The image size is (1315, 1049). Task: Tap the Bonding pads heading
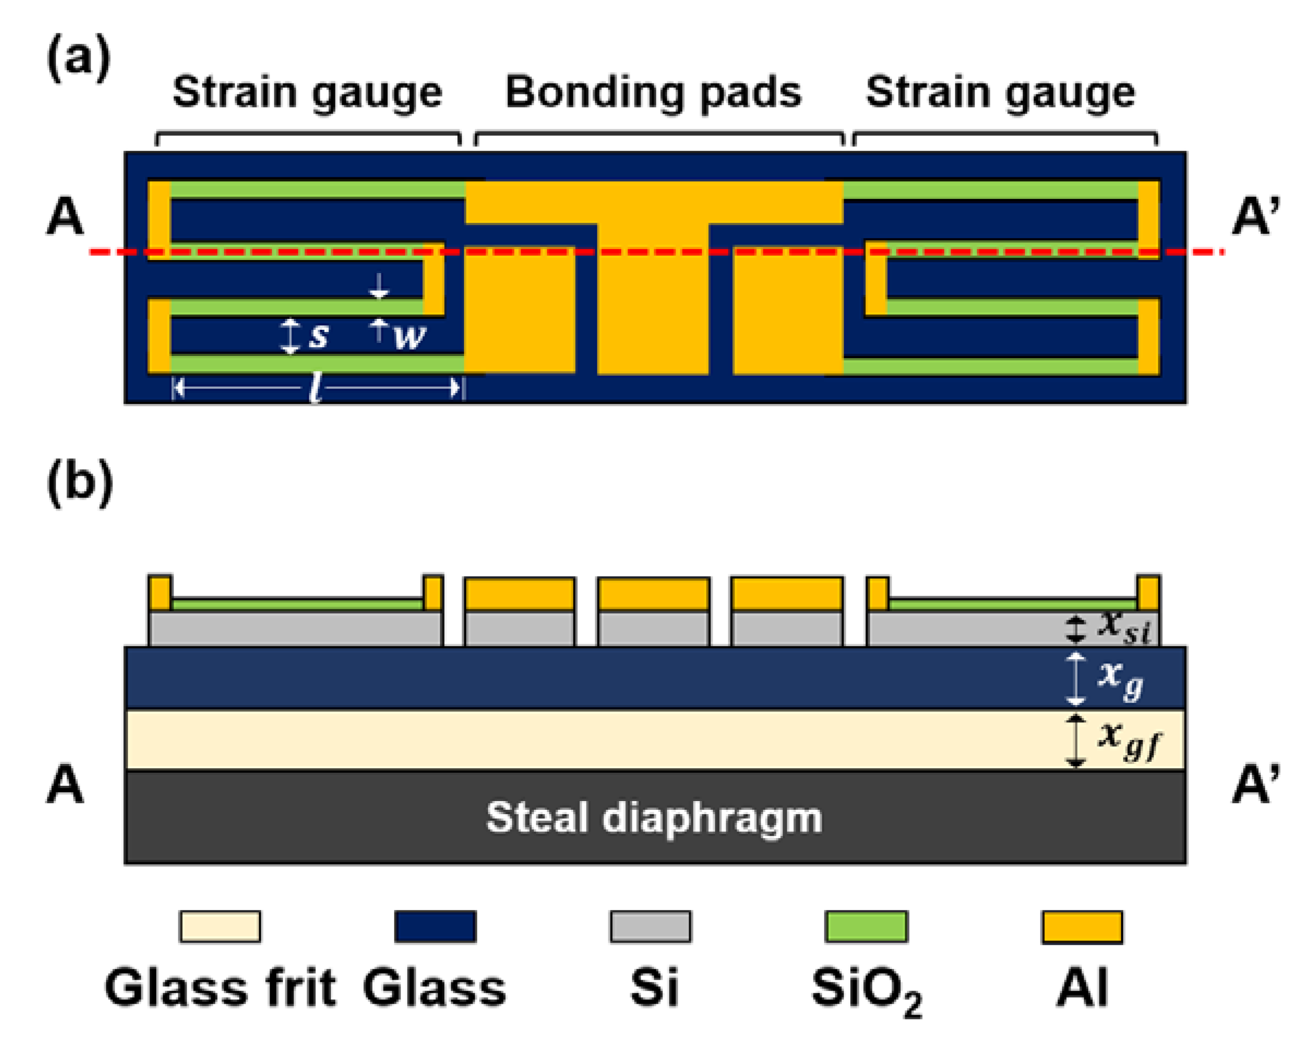(x=653, y=93)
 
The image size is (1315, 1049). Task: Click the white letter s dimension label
(x=318, y=335)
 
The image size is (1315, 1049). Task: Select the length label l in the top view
(x=315, y=387)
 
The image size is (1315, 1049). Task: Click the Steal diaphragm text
(x=654, y=817)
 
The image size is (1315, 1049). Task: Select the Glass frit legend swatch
(x=220, y=927)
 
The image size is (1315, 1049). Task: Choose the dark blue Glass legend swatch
(x=435, y=927)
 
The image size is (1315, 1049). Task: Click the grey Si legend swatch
(x=651, y=927)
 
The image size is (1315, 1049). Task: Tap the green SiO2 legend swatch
(x=866, y=927)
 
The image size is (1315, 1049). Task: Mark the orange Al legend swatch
(x=1082, y=927)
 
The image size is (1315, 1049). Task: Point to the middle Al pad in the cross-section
(x=654, y=594)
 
